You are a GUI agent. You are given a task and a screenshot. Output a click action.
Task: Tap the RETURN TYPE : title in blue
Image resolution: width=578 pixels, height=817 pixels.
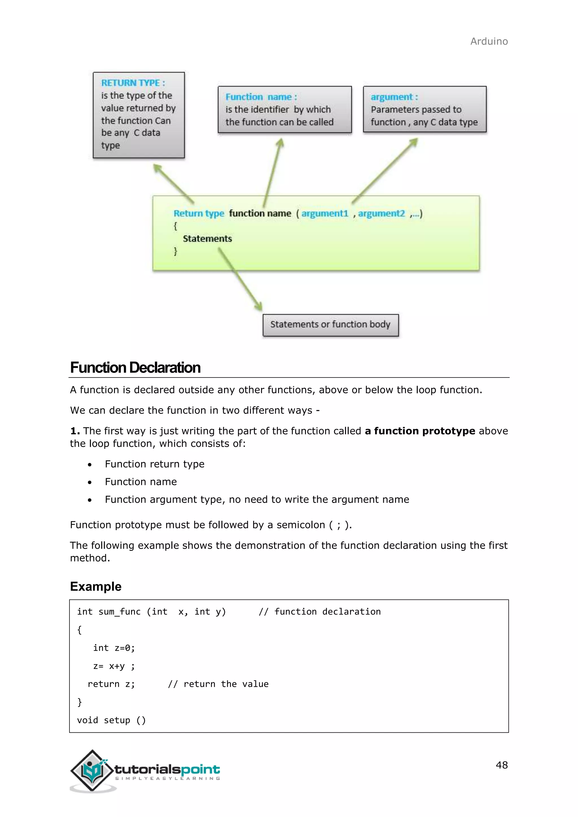(133, 83)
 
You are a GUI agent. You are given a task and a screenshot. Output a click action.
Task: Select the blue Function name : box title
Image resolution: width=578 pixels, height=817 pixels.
(261, 97)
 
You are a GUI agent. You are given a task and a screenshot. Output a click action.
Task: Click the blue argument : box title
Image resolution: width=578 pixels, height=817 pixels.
(394, 97)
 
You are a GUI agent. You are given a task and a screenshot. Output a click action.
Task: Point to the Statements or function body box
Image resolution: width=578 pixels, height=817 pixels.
(330, 324)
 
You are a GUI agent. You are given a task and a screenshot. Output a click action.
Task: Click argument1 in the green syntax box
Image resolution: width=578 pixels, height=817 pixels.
(325, 214)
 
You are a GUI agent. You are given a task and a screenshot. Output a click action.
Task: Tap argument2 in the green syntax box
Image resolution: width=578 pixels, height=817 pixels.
(381, 214)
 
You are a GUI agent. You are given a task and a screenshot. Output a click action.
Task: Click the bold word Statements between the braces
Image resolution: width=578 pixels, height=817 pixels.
(207, 239)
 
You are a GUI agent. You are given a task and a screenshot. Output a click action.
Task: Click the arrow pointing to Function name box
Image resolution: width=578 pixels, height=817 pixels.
(273, 173)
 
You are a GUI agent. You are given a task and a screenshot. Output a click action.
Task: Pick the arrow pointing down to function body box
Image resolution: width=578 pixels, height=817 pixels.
(240, 279)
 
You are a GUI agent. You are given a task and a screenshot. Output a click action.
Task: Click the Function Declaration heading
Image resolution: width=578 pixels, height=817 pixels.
(135, 368)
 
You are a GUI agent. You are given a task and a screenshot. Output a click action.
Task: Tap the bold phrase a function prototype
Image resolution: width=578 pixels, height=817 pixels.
(420, 431)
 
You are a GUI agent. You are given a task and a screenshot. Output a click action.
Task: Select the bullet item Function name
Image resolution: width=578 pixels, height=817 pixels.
(141, 482)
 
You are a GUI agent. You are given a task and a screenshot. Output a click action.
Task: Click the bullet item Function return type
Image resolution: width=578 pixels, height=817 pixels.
(154, 464)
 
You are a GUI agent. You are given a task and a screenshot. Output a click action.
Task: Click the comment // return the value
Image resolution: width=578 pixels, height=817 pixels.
(218, 684)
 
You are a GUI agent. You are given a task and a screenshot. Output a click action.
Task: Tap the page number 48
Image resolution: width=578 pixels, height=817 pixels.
(502, 765)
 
